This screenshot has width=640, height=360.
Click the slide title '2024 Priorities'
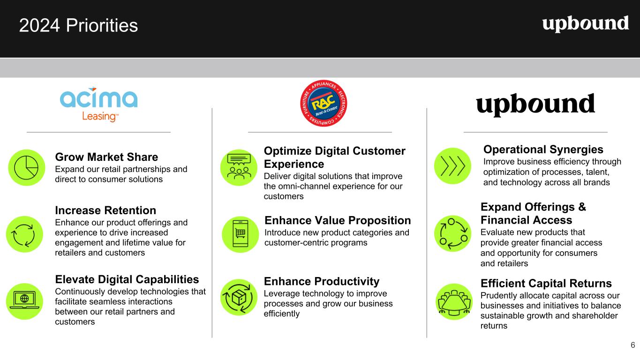click(78, 25)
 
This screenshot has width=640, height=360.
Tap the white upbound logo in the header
click(586, 24)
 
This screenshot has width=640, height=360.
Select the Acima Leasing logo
click(98, 105)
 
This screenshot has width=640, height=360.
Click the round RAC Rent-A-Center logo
click(324, 103)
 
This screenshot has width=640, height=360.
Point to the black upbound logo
click(535, 104)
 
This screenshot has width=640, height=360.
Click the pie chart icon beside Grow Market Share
click(27, 168)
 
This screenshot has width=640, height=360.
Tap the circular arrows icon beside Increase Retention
click(24, 234)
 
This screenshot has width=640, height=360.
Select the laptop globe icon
click(24, 301)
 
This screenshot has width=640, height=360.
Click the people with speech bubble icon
click(239, 168)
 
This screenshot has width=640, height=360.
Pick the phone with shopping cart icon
click(240, 234)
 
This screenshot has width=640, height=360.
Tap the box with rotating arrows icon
click(239, 298)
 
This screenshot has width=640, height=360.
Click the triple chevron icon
click(452, 166)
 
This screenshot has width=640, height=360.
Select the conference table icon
click(454, 302)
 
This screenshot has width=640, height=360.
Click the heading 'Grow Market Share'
click(106, 157)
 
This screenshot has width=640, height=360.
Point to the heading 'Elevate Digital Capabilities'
click(127, 279)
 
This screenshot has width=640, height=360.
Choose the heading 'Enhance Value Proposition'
click(338, 221)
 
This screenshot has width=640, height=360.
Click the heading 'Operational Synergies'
click(543, 150)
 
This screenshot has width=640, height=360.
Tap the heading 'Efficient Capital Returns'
click(546, 284)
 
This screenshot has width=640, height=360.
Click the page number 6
click(633, 345)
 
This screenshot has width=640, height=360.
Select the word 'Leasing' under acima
click(100, 117)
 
